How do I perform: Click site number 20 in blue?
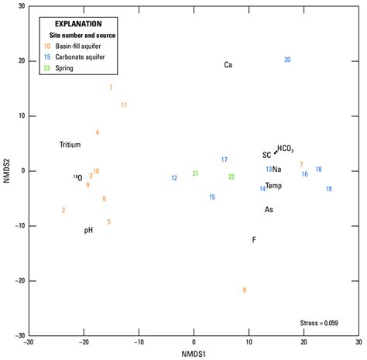pyautogui.click(x=287, y=60)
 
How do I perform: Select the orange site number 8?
pyautogui.click(x=244, y=290)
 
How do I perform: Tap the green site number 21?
pyautogui.click(x=195, y=173)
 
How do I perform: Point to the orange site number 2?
pyautogui.click(x=63, y=210)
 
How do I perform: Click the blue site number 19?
pyautogui.click(x=328, y=189)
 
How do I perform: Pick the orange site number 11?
pyautogui.click(x=123, y=105)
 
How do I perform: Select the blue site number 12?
pyautogui.click(x=174, y=178)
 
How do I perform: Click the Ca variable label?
pyautogui.click(x=228, y=65)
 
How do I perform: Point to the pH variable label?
pyautogui.click(x=89, y=230)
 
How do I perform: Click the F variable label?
pyautogui.click(x=254, y=240)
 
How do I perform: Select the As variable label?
pyautogui.click(x=269, y=209)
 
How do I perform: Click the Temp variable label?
pyautogui.click(x=273, y=186)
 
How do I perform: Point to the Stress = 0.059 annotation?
pyautogui.click(x=319, y=322)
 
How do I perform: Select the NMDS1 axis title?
pyautogui.click(x=194, y=354)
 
